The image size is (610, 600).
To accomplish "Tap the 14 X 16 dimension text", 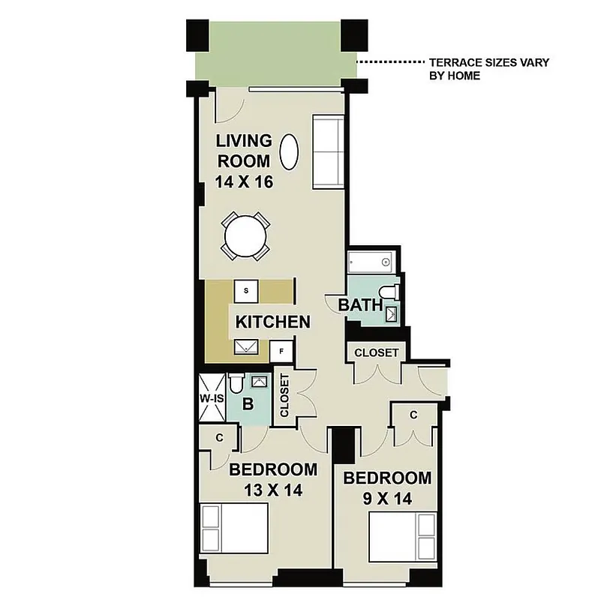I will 242,181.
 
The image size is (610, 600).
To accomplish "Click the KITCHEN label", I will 272,322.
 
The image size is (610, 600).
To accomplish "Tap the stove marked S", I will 246,289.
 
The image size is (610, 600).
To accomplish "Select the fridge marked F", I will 281,350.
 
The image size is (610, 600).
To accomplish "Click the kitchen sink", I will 246,346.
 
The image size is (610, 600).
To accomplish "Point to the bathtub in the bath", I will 372,262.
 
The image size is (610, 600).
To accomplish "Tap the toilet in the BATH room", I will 389,292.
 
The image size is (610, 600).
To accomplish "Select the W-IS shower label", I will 211,398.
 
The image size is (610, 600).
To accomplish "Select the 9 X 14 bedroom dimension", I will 387,498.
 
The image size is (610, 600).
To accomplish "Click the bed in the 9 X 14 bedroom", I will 403,538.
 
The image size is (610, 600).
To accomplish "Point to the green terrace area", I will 274,51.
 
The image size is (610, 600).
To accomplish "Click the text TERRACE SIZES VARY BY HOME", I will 488,69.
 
